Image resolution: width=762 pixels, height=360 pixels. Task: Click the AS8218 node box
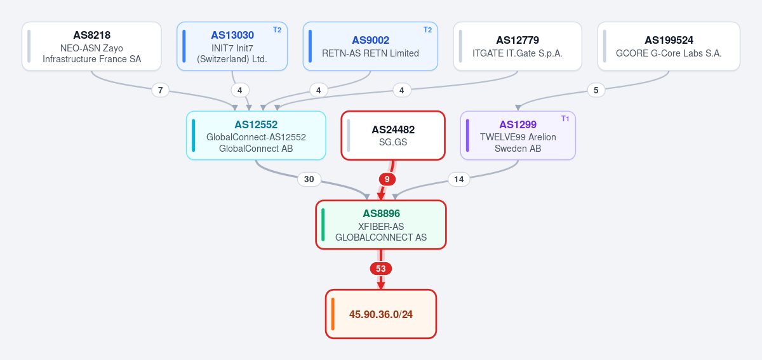click(91, 46)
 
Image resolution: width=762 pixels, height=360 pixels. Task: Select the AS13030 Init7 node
click(232, 46)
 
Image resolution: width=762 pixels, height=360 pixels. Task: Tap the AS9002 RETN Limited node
click(370, 46)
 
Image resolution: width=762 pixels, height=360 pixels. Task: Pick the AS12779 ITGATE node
click(518, 46)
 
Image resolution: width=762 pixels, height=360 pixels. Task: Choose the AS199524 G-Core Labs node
click(669, 46)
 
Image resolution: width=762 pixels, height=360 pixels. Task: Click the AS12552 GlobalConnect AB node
click(256, 135)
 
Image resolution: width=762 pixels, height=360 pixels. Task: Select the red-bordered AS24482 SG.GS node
click(393, 135)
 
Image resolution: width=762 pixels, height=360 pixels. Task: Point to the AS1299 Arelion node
click(518, 135)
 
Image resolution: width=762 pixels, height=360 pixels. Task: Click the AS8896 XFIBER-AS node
click(380, 225)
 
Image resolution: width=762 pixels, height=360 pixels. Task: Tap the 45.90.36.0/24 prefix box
click(380, 314)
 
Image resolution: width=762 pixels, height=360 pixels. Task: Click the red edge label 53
click(380, 269)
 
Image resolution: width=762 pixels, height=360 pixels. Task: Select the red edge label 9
click(387, 179)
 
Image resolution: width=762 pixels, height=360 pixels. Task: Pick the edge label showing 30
click(309, 179)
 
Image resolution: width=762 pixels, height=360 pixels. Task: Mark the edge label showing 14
click(458, 179)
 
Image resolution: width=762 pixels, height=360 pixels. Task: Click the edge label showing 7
click(160, 90)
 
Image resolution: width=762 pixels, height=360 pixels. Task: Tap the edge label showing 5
click(596, 90)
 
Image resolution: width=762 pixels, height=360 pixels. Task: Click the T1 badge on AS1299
click(565, 119)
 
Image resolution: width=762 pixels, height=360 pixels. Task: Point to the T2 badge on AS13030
click(277, 30)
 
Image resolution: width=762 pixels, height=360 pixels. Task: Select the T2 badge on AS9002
click(427, 30)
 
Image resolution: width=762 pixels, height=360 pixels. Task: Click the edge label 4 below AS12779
click(402, 90)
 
